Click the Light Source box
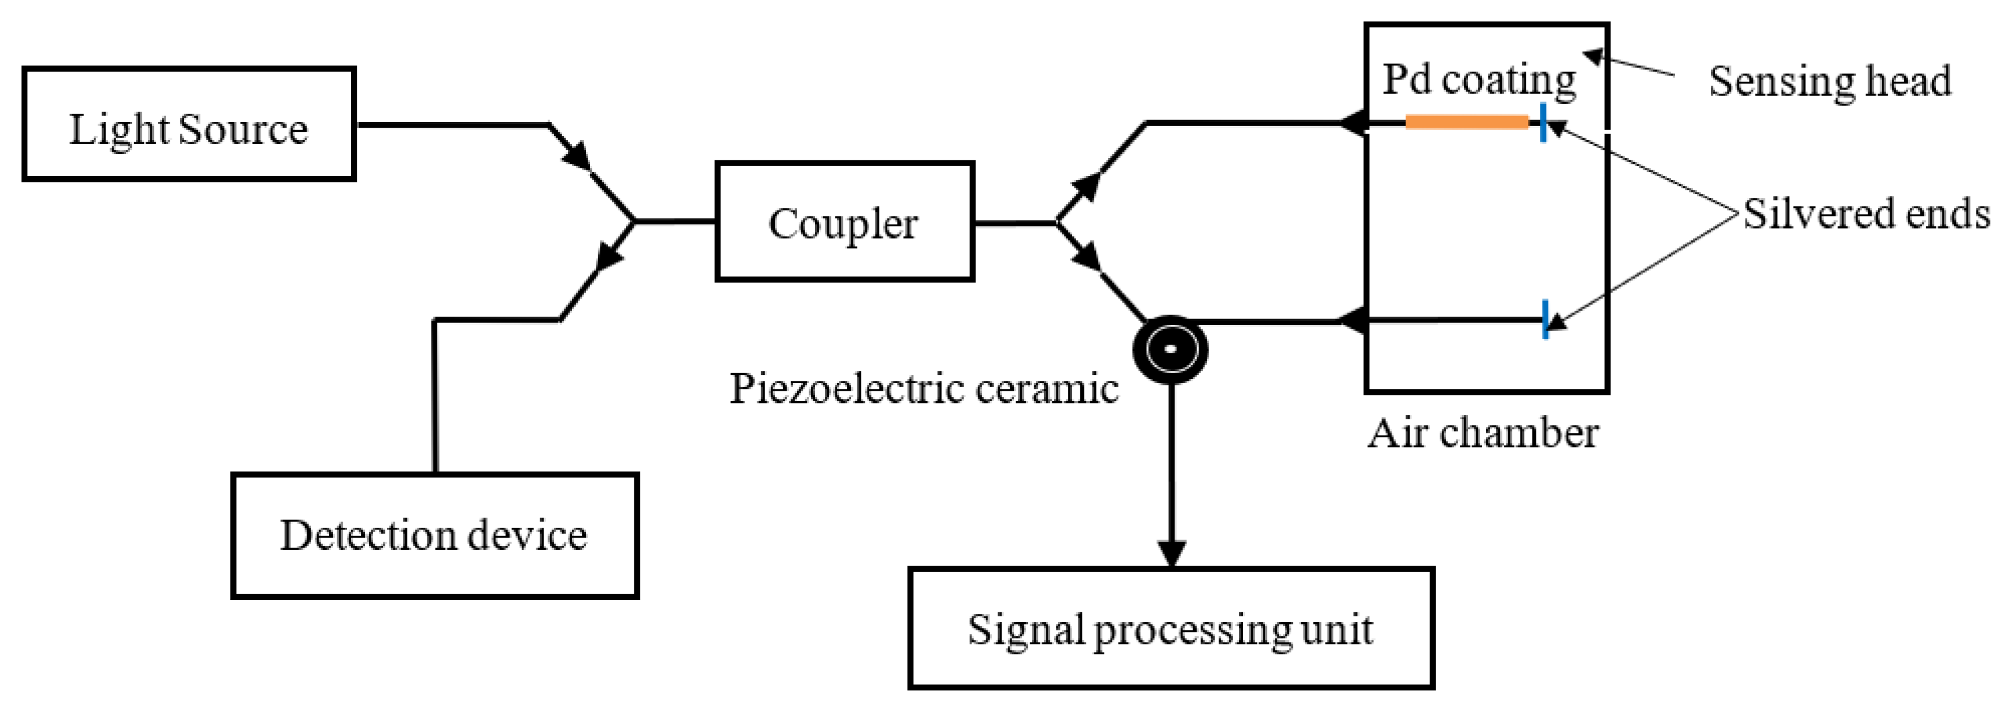tap(189, 124)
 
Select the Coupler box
tap(844, 222)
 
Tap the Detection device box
tap(434, 535)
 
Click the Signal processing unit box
tap(1171, 628)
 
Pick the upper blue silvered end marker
tap(1543, 122)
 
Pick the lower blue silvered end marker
tap(1545, 319)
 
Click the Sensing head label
tap(1829, 81)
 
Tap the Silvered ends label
tap(1865, 214)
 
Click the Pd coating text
tap(1478, 79)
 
